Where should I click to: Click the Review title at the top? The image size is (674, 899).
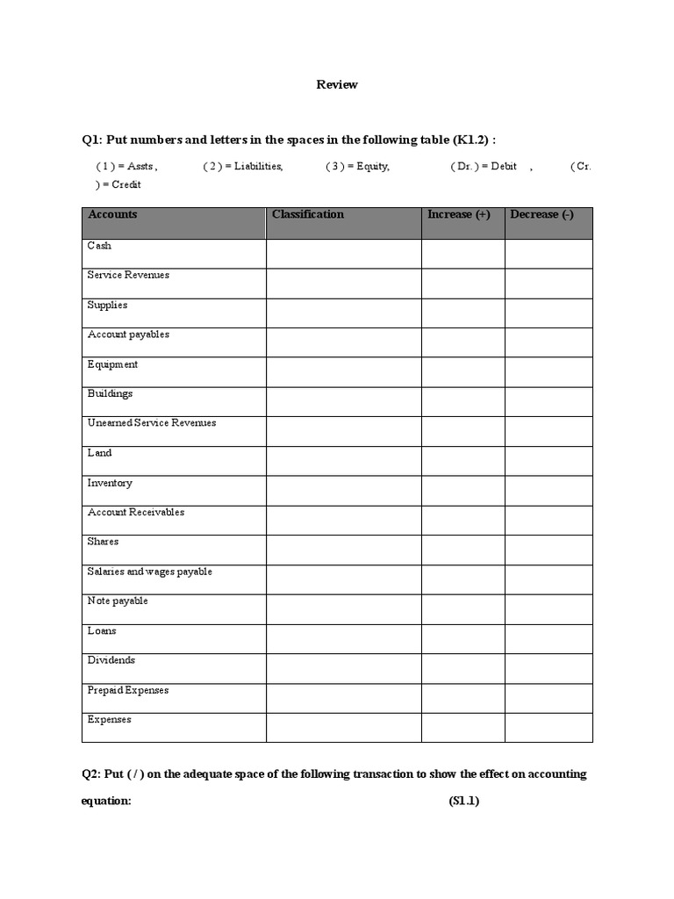pyautogui.click(x=336, y=85)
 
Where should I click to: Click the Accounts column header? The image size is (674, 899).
pyautogui.click(x=112, y=215)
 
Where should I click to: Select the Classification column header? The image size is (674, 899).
pyautogui.click(x=308, y=215)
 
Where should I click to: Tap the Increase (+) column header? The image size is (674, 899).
pyautogui.click(x=458, y=215)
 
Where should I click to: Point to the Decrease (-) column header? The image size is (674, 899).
pyautogui.click(x=541, y=215)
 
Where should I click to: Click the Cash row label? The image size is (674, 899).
pyautogui.click(x=99, y=246)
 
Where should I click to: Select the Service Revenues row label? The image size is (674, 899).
pyautogui.click(x=128, y=276)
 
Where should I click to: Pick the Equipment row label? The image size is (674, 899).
pyautogui.click(x=112, y=364)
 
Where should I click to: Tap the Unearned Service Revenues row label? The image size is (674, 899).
pyautogui.click(x=151, y=423)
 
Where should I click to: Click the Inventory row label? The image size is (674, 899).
pyautogui.click(x=110, y=483)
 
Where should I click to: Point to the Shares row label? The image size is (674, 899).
pyautogui.click(x=103, y=542)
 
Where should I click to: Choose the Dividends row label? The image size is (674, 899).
pyautogui.click(x=111, y=660)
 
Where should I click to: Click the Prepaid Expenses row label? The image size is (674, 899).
pyautogui.click(x=128, y=690)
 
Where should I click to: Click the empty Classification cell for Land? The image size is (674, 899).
pyautogui.click(x=343, y=461)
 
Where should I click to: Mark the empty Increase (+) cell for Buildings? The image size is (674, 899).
pyautogui.click(x=462, y=401)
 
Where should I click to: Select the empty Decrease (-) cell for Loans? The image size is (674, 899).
pyautogui.click(x=549, y=638)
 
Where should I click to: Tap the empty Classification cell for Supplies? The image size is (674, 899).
pyautogui.click(x=343, y=313)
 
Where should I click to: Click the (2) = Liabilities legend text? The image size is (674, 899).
pyautogui.click(x=243, y=166)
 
